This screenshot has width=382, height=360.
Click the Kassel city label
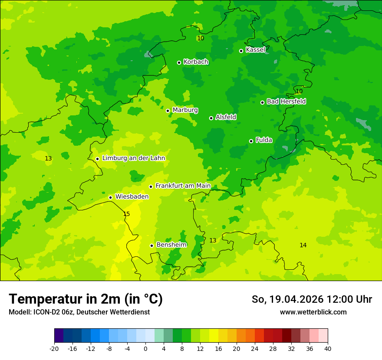tap(255, 50)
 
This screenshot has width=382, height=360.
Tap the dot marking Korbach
tap(179, 62)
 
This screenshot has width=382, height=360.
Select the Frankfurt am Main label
tap(183, 186)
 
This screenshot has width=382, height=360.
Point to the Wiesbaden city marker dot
tap(110, 197)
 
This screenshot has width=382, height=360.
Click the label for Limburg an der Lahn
tap(133, 158)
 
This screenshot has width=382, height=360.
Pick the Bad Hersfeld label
tap(286, 101)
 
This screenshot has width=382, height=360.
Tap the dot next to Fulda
tap(251, 141)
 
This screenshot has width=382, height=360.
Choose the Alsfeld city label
tap(226, 117)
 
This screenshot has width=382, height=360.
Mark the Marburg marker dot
tap(168, 111)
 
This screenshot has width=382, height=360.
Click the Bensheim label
tap(171, 245)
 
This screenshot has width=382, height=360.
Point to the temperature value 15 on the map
tap(126, 214)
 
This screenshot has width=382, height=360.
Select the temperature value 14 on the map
tap(303, 245)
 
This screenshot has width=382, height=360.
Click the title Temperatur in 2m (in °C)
tap(86, 299)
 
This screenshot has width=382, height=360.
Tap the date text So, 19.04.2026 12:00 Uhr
tap(312, 299)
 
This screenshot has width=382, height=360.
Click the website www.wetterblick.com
tap(313, 312)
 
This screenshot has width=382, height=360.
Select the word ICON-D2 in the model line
tap(45, 312)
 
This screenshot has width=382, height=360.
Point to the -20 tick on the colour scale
tap(54, 348)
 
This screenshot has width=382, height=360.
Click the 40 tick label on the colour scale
tap(327, 348)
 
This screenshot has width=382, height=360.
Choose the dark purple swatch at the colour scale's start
tap(59, 336)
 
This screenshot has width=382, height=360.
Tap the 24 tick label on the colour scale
tap(254, 348)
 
